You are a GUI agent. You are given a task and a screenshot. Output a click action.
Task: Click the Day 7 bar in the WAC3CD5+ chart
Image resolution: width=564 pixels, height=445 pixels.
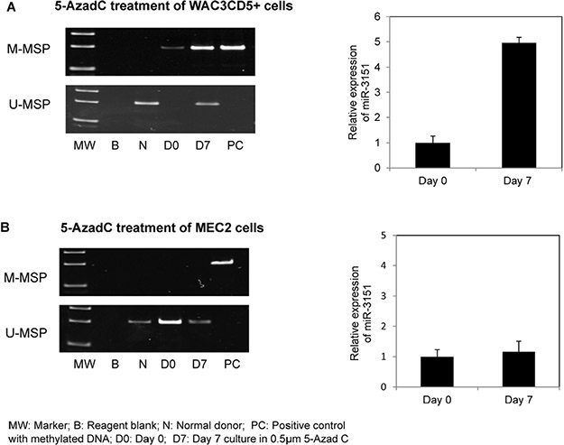click(519, 105)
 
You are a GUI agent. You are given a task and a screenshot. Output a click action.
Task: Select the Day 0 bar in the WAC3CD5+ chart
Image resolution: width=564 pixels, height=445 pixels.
click(433, 155)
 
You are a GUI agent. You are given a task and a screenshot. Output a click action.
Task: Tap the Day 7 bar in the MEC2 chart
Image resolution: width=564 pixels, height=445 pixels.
click(518, 369)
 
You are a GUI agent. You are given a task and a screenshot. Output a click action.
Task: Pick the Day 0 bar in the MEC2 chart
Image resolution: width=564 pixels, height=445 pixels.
click(437, 372)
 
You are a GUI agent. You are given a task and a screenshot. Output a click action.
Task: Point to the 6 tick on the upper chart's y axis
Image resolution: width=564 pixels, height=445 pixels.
click(377, 17)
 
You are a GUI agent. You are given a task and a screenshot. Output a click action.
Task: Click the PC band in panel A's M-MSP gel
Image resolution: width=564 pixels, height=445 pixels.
click(233, 48)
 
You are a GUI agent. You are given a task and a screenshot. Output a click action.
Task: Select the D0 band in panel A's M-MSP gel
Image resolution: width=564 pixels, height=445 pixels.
click(171, 48)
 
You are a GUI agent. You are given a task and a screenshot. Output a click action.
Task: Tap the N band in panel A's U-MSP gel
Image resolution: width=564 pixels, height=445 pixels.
click(146, 104)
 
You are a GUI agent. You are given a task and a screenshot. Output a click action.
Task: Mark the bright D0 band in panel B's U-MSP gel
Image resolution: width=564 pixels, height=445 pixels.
click(171, 321)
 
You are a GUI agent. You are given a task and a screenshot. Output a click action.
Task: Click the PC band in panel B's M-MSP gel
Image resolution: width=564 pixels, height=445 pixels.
click(222, 263)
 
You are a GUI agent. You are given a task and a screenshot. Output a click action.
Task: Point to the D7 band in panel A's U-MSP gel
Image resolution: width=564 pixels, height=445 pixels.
click(208, 104)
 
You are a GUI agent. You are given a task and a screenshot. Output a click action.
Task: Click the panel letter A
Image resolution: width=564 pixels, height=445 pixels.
click(11, 7)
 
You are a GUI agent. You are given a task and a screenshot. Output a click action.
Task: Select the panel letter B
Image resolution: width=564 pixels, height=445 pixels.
click(5, 228)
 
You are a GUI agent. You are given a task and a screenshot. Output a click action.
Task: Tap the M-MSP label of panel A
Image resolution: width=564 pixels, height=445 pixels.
click(29, 49)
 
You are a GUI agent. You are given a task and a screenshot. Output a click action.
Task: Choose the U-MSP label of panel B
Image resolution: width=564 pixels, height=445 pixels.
click(26, 333)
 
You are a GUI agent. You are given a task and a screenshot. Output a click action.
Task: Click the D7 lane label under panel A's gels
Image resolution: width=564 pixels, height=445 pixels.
click(203, 145)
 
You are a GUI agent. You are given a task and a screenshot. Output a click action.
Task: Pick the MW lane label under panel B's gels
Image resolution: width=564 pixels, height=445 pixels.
click(85, 364)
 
